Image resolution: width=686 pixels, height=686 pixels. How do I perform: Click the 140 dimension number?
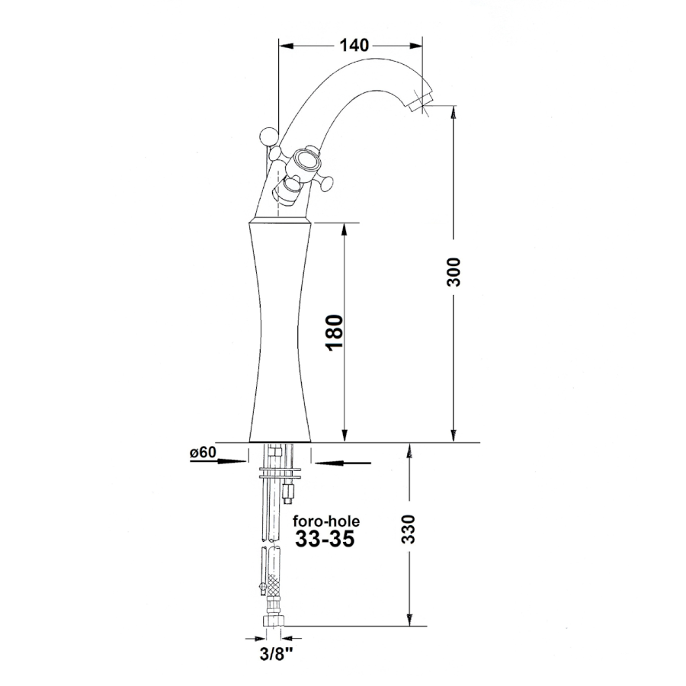(354, 45)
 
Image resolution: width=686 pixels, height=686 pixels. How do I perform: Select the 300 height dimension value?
(454, 272)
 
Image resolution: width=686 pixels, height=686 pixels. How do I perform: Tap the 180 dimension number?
(335, 332)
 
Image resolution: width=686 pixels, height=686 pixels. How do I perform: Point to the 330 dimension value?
(408, 529)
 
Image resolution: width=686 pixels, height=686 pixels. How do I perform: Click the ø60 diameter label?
(203, 452)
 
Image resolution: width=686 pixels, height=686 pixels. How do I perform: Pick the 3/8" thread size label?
(276, 655)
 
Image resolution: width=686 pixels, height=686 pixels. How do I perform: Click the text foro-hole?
(326, 521)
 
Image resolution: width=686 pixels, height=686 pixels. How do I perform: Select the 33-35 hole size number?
(325, 539)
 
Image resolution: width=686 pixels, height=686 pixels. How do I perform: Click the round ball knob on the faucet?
(268, 136)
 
